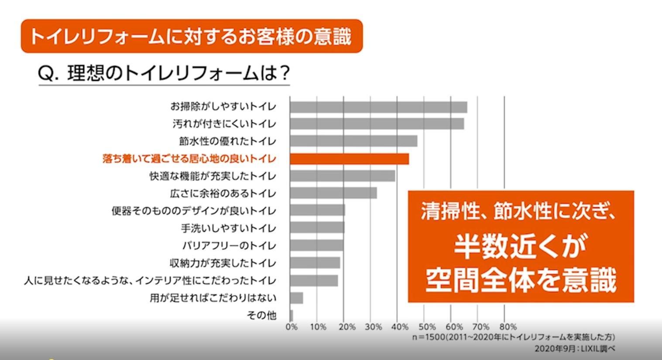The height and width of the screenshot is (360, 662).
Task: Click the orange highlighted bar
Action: coord(349,159)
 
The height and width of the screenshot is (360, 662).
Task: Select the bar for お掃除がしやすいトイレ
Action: coord(378,107)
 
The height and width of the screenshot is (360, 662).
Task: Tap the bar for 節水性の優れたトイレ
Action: coord(353,141)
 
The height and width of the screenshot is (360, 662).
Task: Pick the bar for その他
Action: coord(292,315)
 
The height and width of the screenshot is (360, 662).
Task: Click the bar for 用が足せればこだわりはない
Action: coord(296,298)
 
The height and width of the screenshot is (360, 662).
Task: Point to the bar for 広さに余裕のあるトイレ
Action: coord(333,193)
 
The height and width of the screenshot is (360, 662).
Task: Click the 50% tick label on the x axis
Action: coord(427,327)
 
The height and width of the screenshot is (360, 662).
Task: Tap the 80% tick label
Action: coord(508,327)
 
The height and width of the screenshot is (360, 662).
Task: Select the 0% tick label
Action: coord(292,327)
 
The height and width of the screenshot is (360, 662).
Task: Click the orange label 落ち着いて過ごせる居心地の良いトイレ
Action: coord(189,159)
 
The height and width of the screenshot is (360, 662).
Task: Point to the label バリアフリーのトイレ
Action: coord(229,246)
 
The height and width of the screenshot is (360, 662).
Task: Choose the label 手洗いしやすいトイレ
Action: coord(229,228)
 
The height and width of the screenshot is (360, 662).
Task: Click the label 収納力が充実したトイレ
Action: coord(223,263)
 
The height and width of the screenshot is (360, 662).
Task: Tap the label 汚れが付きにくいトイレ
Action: coord(224,124)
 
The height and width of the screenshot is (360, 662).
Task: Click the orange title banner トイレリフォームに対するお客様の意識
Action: coord(192,36)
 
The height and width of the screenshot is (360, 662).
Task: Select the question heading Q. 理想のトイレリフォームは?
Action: coord(164,73)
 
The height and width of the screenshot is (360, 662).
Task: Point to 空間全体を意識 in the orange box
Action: coord(521,280)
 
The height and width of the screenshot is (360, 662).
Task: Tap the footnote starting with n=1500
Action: coord(514,337)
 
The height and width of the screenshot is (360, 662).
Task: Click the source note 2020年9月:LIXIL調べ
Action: coord(574,349)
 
